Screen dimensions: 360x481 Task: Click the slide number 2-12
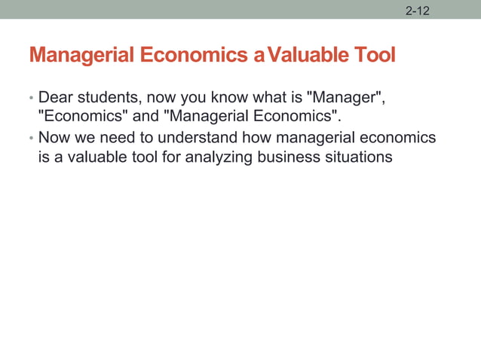[417, 11]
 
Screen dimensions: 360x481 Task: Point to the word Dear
[54, 98]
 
